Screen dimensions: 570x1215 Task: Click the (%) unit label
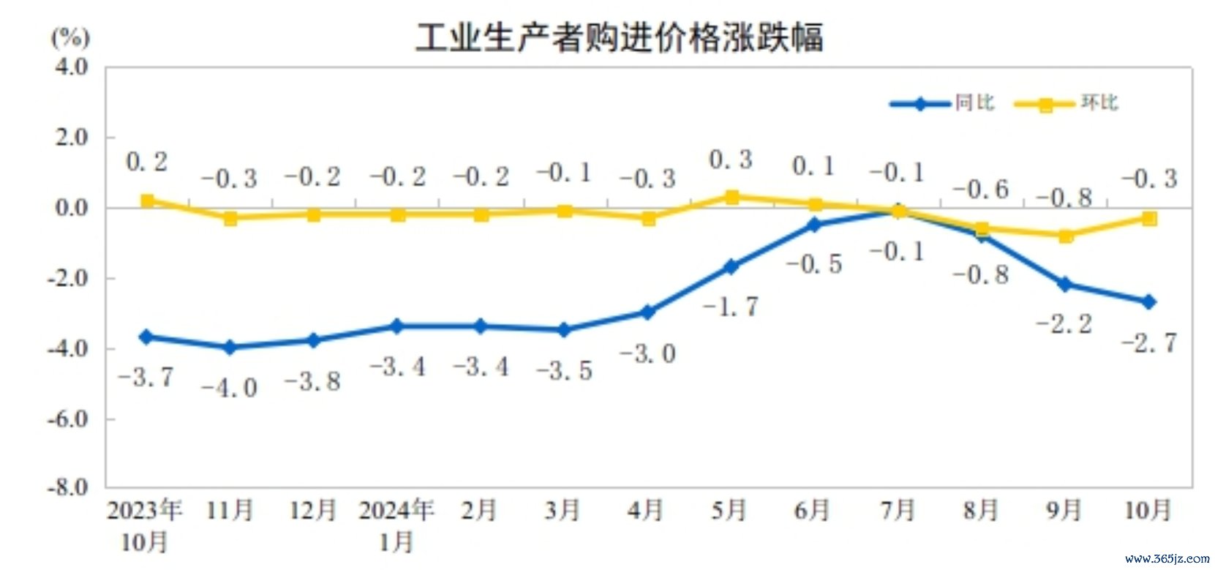pos(70,37)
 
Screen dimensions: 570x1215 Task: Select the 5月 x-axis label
pos(729,510)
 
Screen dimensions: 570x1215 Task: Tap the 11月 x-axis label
pos(230,510)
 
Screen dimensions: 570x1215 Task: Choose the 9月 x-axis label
pos(1064,510)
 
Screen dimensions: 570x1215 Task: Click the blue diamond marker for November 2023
pos(230,347)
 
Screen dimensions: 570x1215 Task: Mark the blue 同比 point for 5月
pos(731,267)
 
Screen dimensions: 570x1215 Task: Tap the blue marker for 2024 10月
pos(1148,301)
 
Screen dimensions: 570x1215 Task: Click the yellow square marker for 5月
pos(731,197)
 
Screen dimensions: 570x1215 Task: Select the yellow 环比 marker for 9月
pos(1065,236)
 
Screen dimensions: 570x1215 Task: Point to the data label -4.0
pos(230,387)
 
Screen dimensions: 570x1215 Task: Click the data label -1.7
pos(730,306)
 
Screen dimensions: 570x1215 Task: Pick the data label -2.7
pos(1149,342)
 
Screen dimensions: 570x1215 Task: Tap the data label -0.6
pos(980,190)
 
